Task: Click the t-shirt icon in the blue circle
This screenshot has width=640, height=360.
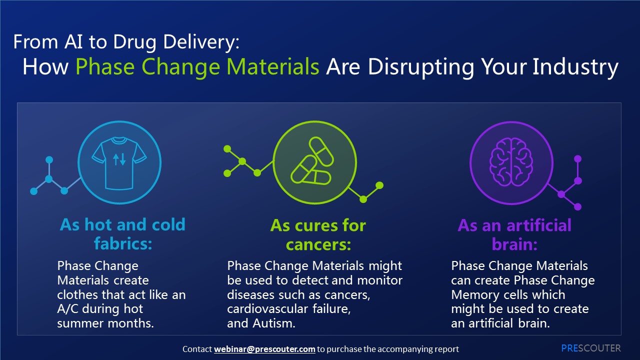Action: [x=119, y=163]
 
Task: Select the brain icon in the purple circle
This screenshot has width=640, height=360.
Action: [x=511, y=162]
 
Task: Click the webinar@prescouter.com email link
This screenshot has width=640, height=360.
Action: [x=264, y=349]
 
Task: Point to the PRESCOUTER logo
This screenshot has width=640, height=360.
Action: [x=591, y=348]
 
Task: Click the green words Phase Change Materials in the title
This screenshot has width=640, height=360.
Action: [x=197, y=67]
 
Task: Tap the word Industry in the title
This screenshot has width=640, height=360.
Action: [x=575, y=67]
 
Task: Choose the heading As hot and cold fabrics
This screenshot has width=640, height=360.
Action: [x=123, y=234]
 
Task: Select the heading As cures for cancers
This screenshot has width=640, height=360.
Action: [x=318, y=235]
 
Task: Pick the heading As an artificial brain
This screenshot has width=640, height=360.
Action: [x=514, y=235]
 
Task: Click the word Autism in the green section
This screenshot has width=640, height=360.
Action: [x=273, y=323]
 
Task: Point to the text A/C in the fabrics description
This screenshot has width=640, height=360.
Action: [x=67, y=309]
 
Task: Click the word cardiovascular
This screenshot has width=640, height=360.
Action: [x=267, y=309]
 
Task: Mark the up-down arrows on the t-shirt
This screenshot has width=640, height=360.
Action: [x=119, y=159]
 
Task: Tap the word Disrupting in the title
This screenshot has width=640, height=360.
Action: [x=420, y=67]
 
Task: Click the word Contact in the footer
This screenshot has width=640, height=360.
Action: [x=197, y=349]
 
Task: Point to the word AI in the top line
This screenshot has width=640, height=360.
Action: [x=73, y=41]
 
